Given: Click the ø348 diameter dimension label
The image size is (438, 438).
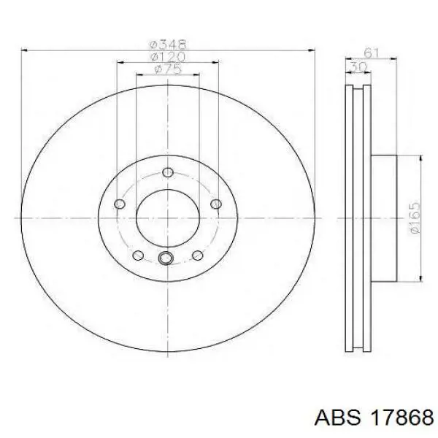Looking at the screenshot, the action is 168,44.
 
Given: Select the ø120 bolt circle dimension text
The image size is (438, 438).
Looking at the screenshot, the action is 168,57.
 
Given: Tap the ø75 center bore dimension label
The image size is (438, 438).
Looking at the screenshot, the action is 168,69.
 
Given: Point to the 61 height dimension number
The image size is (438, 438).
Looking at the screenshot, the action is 372,53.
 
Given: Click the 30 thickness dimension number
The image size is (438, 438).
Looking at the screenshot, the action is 358,67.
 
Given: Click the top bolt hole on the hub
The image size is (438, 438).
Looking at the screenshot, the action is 168,172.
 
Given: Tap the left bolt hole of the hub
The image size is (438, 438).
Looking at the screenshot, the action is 120,204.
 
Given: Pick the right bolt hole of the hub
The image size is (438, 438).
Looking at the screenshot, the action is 216,204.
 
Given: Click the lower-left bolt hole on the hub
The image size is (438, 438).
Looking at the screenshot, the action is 138,255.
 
